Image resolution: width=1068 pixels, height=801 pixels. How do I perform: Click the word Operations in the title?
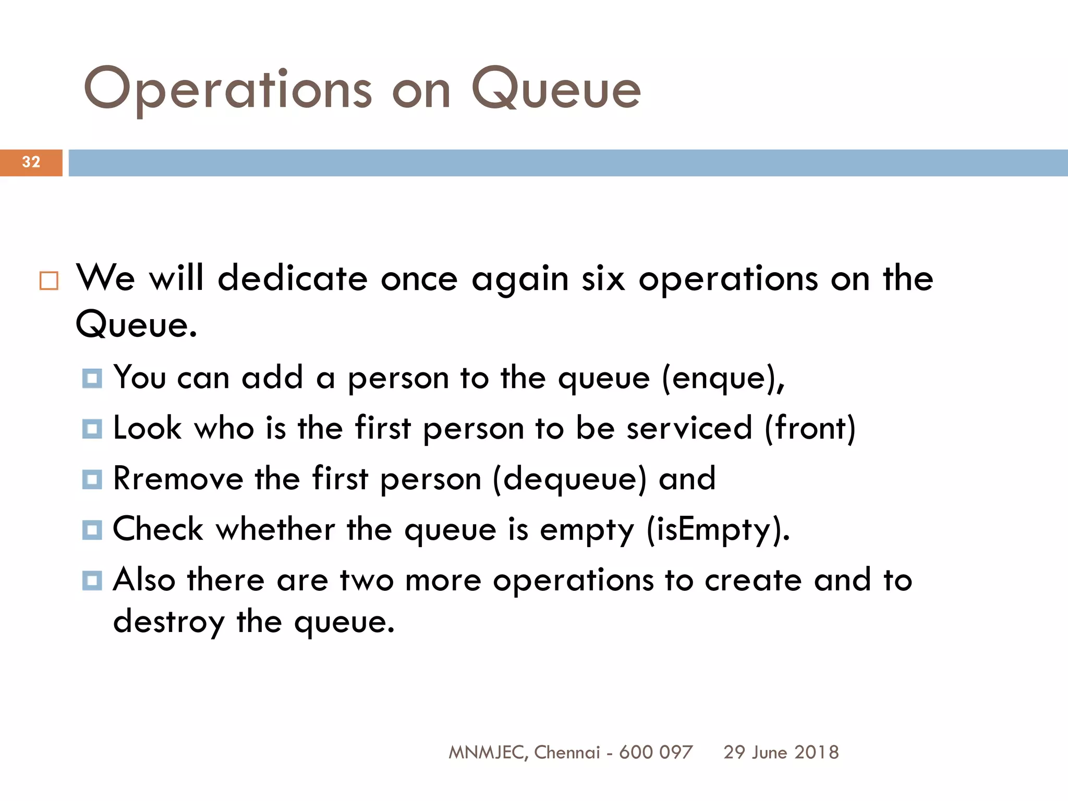click(x=228, y=90)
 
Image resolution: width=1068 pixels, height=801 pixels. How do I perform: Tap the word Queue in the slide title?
click(x=556, y=90)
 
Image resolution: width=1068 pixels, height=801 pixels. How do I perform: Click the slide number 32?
click(x=31, y=162)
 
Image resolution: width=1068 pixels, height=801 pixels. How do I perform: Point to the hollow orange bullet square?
click(x=49, y=281)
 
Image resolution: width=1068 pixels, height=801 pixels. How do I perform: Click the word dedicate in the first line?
click(x=293, y=278)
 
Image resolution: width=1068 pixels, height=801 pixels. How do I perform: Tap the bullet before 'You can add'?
click(x=92, y=378)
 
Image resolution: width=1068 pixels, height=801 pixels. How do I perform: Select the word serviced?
click(x=689, y=428)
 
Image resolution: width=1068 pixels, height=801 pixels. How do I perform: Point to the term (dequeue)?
click(x=569, y=479)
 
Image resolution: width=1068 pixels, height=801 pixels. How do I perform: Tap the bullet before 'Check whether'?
click(x=92, y=530)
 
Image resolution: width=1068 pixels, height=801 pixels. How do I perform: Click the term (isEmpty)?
click(x=718, y=530)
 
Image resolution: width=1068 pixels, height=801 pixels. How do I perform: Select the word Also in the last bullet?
click(x=144, y=579)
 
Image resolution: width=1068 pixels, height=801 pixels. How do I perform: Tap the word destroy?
click(x=169, y=622)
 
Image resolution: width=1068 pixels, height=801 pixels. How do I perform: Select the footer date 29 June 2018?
click(x=781, y=753)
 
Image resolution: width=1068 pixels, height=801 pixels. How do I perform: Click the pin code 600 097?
click(x=656, y=753)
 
